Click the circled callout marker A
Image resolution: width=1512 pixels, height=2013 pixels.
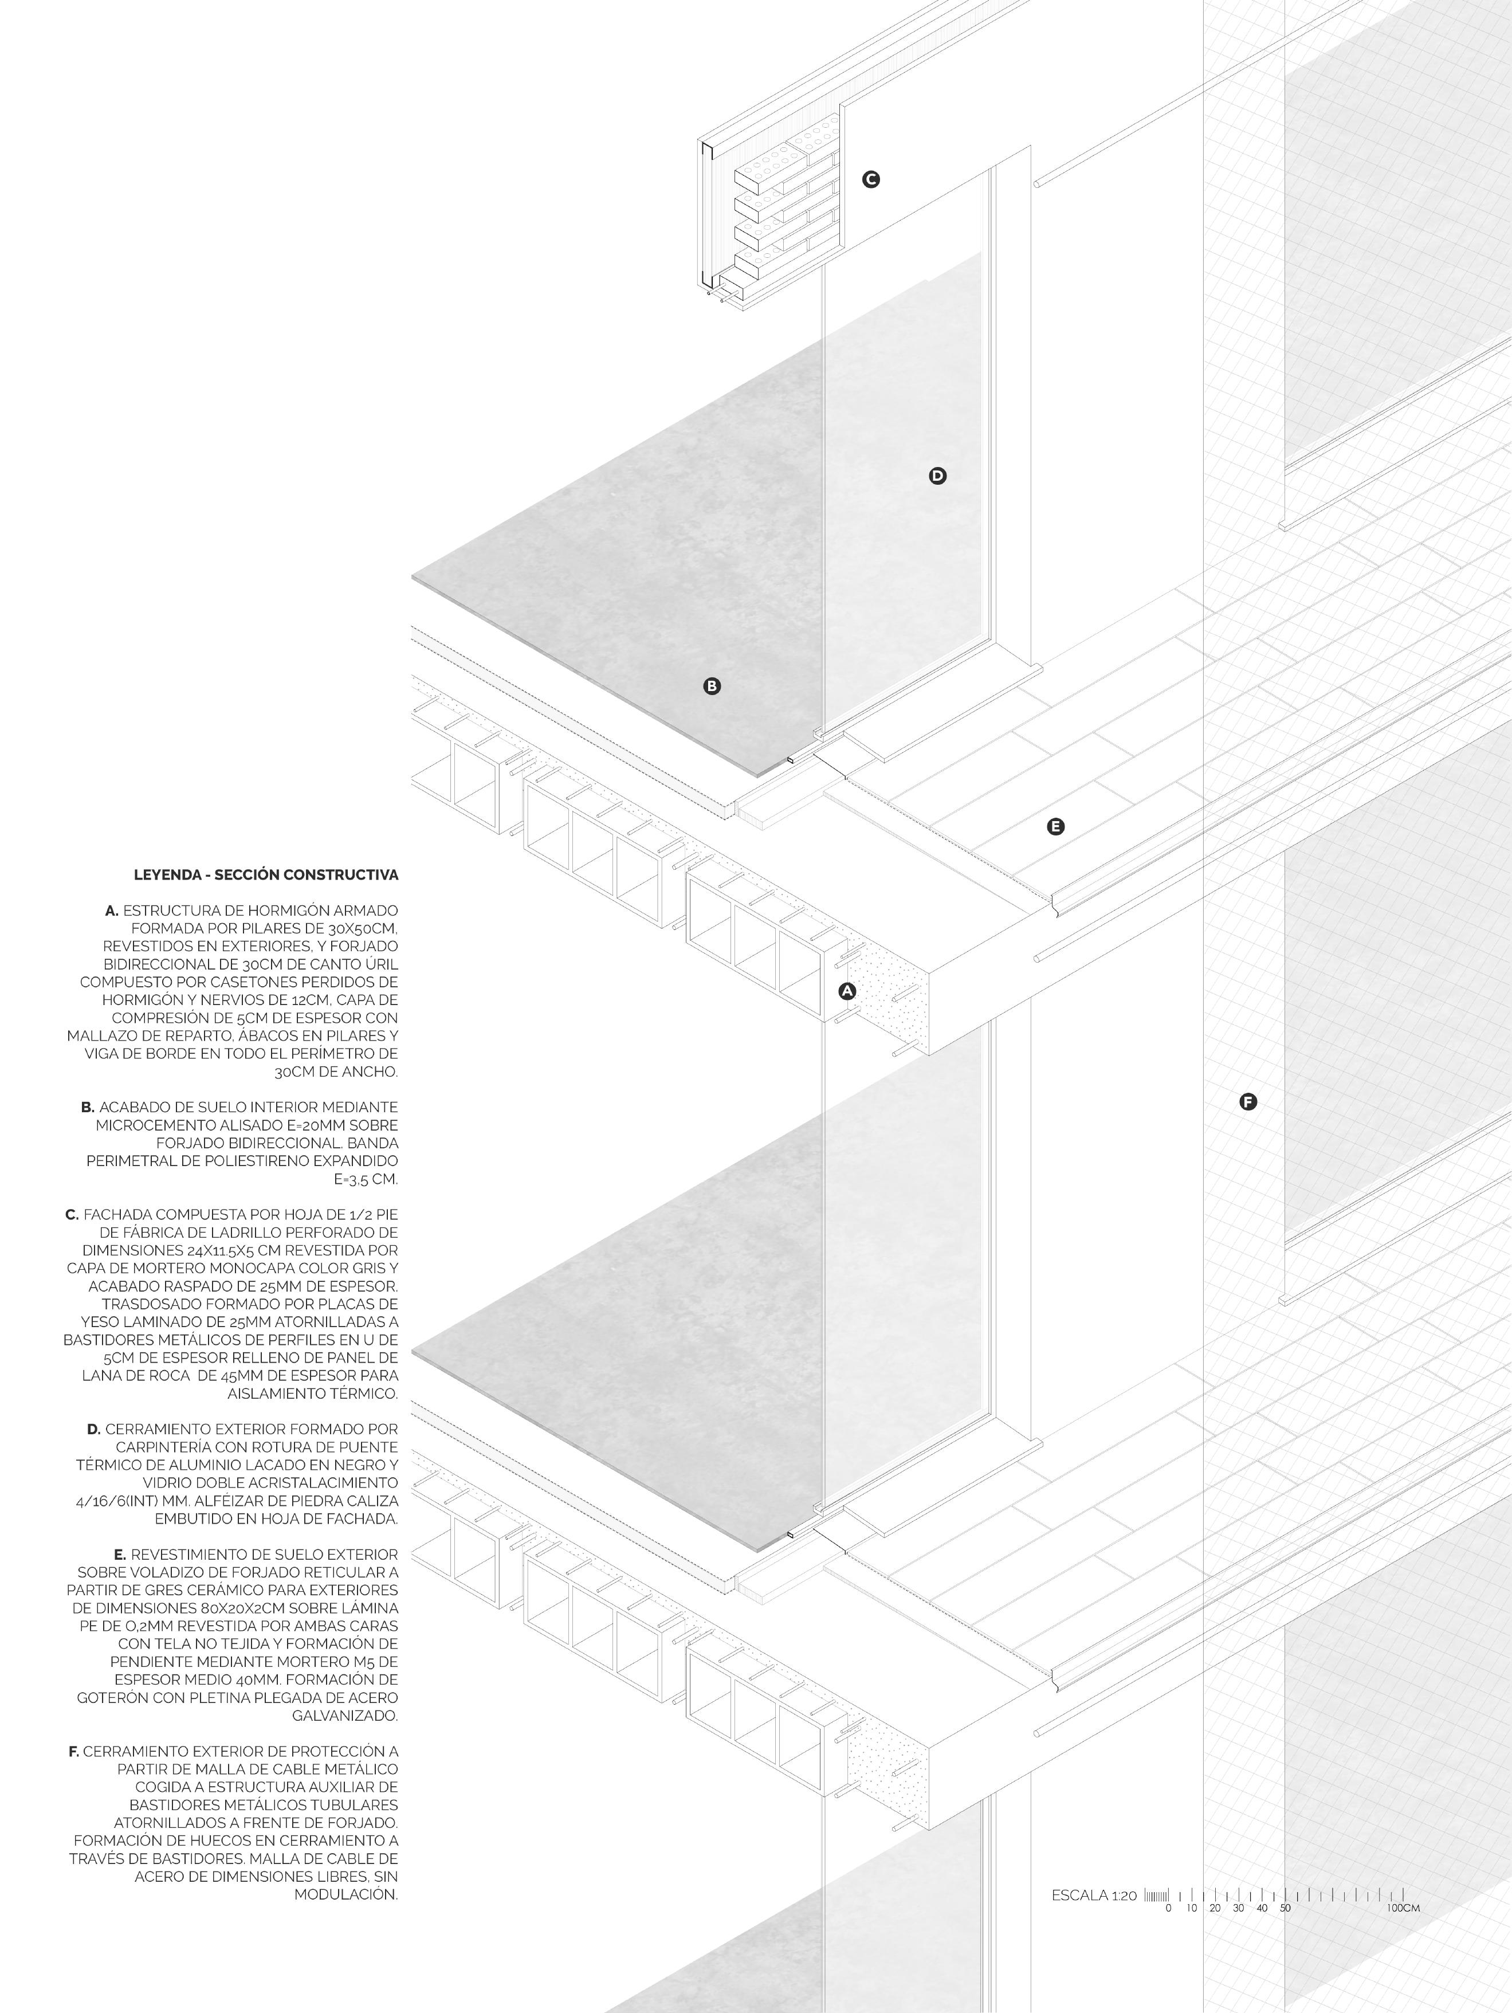coord(847,991)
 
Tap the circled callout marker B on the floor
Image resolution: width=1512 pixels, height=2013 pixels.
coord(712,686)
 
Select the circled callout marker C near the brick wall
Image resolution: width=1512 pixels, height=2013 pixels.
coord(871,179)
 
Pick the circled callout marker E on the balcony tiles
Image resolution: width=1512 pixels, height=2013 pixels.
coord(1055,826)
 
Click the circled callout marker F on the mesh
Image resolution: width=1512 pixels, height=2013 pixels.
coord(1248,1102)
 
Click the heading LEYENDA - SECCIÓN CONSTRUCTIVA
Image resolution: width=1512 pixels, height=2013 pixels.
coord(266,874)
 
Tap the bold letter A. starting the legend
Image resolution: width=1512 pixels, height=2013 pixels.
coord(112,910)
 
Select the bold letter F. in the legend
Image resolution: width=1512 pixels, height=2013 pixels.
coord(74,1751)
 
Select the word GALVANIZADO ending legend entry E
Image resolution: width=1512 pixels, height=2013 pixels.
coord(345,1716)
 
